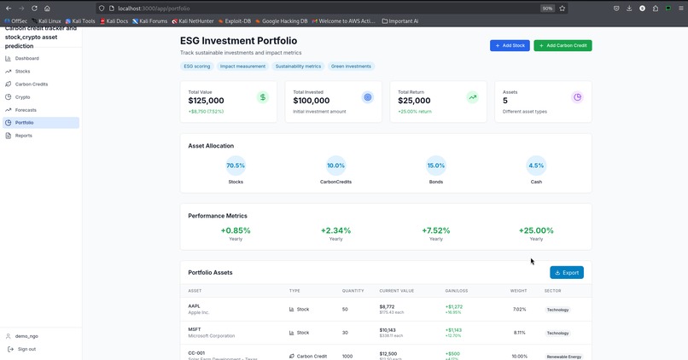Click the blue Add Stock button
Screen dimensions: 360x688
click(x=510, y=45)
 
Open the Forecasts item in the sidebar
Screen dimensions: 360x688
click(x=26, y=110)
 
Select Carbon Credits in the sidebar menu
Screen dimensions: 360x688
click(x=31, y=84)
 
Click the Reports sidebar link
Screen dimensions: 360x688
click(x=23, y=136)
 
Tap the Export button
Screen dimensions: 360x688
click(x=567, y=273)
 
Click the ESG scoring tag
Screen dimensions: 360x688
click(x=196, y=66)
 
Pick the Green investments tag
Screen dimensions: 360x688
click(x=351, y=66)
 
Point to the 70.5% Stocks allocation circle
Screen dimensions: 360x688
click(x=236, y=165)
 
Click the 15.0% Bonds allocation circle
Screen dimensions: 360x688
click(x=436, y=165)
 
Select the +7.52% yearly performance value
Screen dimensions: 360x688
click(x=436, y=230)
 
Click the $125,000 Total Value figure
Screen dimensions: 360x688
click(x=206, y=101)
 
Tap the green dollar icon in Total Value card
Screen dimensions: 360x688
click(x=263, y=97)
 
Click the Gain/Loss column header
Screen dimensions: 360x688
click(x=457, y=291)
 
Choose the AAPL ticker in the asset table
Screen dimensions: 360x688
click(x=194, y=306)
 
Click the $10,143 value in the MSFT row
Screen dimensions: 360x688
click(x=388, y=329)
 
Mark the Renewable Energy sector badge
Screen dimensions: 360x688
click(x=563, y=357)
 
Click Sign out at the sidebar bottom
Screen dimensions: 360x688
click(x=26, y=349)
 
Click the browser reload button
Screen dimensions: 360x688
click(x=34, y=8)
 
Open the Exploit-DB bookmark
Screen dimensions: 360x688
click(x=237, y=20)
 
